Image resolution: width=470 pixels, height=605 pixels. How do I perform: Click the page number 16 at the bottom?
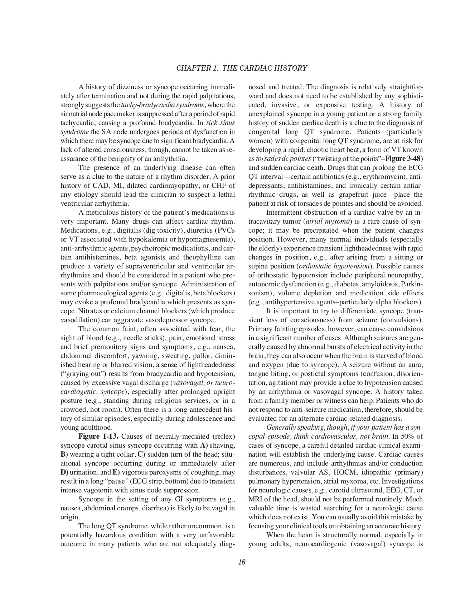(242, 562)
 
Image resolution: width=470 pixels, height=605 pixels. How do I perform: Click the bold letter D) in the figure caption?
(64, 472)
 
